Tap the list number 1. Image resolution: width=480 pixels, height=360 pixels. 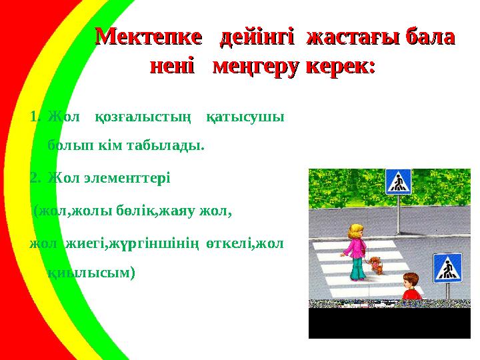pyautogui.click(x=34, y=117)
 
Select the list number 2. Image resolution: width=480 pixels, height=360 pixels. pyautogui.click(x=34, y=178)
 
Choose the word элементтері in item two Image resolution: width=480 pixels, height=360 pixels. pyautogui.click(x=127, y=178)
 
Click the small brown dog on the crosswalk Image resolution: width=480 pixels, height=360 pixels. pyautogui.click(x=376, y=265)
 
